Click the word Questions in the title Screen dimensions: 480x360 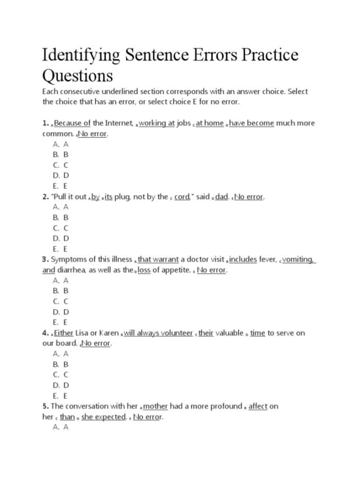pyautogui.click(x=77, y=76)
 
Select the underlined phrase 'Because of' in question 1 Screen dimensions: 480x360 pyautogui.click(x=72, y=123)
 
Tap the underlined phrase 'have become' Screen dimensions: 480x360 pyautogui.click(x=251, y=123)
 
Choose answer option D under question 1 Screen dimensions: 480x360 pyautogui.click(x=60, y=175)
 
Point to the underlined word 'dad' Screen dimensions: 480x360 pyautogui.click(x=222, y=197)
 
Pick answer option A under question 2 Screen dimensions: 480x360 pyautogui.click(x=60, y=207)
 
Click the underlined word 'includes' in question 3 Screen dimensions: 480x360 pyautogui.click(x=243, y=259)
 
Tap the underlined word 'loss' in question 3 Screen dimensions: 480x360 pyautogui.click(x=144, y=270)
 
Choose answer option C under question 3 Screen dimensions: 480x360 pyautogui.click(x=60, y=301)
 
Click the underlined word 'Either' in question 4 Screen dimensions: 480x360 pyautogui.click(x=64, y=333)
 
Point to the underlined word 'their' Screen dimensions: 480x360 pyautogui.click(x=206, y=333)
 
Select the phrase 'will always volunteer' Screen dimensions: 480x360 pyautogui.click(x=158, y=333)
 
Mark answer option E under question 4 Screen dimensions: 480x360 pyautogui.click(x=60, y=396)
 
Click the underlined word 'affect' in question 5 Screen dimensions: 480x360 pyautogui.click(x=258, y=406)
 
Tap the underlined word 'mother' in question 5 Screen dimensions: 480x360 pyautogui.click(x=155, y=406)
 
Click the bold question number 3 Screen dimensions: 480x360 pyautogui.click(x=45, y=259)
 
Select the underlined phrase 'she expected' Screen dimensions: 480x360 pyautogui.click(x=104, y=417)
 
